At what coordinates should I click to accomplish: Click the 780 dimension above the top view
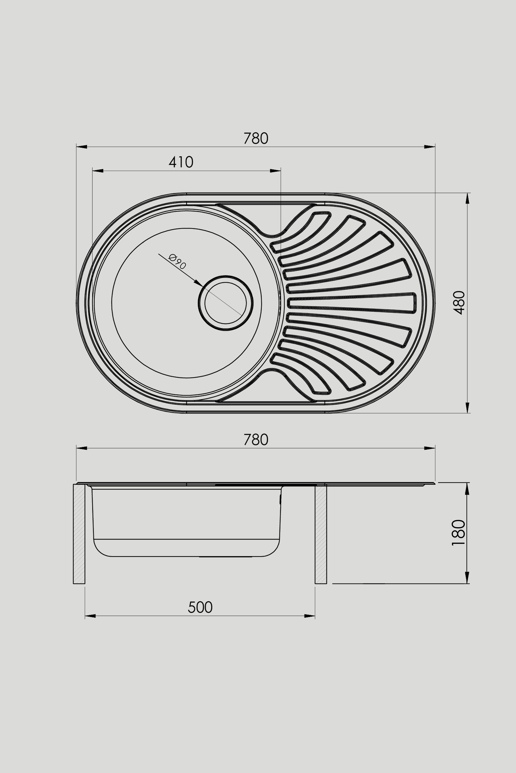point(256,138)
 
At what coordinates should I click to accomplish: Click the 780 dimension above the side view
point(256,440)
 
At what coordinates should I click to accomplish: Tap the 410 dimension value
point(181,162)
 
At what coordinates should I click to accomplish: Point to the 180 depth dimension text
point(459,533)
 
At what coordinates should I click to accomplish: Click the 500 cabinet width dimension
point(200,607)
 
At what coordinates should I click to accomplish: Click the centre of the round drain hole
point(225,303)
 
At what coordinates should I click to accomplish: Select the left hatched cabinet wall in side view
point(79,534)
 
